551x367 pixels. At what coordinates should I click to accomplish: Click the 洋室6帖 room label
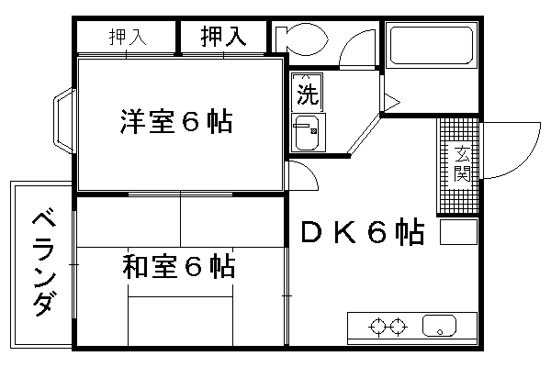point(176,121)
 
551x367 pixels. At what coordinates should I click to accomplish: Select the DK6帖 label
point(363,232)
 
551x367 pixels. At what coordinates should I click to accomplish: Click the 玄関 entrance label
point(462,163)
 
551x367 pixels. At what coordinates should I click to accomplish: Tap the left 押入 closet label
point(128,37)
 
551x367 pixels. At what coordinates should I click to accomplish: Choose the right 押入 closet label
point(223,36)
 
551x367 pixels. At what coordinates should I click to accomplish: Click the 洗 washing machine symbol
point(307,93)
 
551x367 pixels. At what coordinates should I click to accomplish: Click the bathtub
point(432,45)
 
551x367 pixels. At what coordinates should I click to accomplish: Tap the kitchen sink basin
point(439,326)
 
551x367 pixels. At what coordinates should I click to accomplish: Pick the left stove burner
point(378,327)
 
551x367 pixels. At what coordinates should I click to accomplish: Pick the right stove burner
point(399,327)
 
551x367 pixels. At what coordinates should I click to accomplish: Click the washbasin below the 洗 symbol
point(307,132)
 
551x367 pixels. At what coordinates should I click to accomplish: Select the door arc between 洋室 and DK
point(311,170)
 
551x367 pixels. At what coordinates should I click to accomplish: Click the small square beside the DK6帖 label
point(458,231)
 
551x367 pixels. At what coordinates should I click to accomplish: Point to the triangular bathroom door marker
point(391,103)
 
